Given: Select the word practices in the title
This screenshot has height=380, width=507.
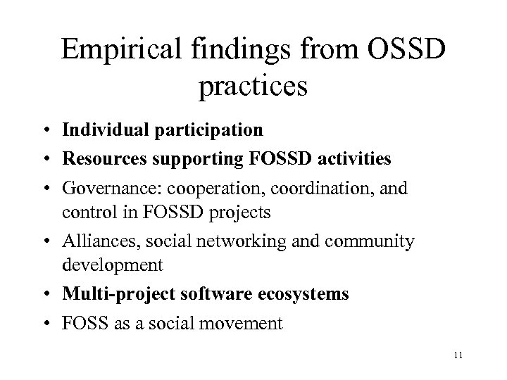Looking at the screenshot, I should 254,88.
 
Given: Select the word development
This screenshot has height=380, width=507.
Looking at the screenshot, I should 113,264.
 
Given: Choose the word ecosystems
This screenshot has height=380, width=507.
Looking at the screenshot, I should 305,294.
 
